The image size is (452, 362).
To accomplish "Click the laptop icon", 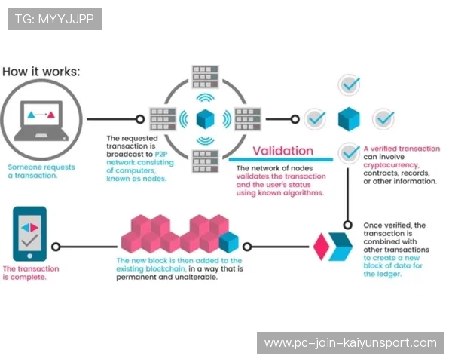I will [x=41, y=118].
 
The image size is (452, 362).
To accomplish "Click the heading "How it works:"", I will [x=41, y=72].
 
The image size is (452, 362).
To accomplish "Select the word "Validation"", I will [x=282, y=151].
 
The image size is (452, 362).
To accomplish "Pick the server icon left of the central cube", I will [x=162, y=118].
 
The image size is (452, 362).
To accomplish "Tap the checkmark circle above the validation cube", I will [x=348, y=84].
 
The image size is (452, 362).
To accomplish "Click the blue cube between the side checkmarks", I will [x=348, y=118].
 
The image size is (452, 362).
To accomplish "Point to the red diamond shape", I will [x=321, y=246].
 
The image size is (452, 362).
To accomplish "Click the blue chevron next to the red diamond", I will [x=341, y=246].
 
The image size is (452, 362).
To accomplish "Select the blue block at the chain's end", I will [x=228, y=243].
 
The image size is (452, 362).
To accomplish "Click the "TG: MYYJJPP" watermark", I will [x=54, y=19].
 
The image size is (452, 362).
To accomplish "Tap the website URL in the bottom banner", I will [x=350, y=343].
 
